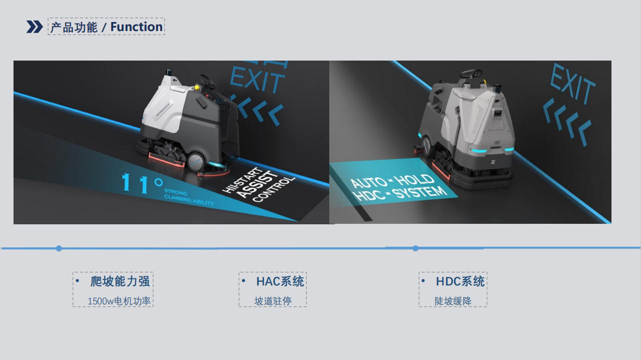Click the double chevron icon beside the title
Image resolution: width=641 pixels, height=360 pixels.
[x=35, y=27]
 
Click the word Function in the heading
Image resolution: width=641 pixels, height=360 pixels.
[x=137, y=27]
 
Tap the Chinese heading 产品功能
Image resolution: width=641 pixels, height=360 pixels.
[x=74, y=27]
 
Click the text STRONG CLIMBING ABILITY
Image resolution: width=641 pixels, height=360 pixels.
[x=189, y=197]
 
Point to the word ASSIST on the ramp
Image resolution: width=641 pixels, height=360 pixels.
[x=257, y=184]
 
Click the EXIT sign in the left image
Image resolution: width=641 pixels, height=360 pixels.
[x=257, y=79]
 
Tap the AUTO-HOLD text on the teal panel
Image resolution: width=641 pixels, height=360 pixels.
[x=392, y=181]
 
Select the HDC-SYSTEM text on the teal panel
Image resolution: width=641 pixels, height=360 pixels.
[x=400, y=194]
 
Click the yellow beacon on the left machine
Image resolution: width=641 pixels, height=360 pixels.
[x=197, y=87]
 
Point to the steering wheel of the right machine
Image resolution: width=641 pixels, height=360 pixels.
[x=471, y=74]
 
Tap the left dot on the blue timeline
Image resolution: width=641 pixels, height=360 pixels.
[x=59, y=248]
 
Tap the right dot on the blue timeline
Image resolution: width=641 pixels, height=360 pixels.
[x=415, y=248]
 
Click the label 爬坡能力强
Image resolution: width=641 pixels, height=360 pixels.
[x=120, y=281]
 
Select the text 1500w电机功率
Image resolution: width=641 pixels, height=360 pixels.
[x=119, y=301]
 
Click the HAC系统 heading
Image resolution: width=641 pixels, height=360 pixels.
[x=280, y=281]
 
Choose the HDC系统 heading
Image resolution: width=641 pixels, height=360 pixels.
[x=460, y=281]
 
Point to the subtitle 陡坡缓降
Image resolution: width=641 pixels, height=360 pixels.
[x=453, y=301]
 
